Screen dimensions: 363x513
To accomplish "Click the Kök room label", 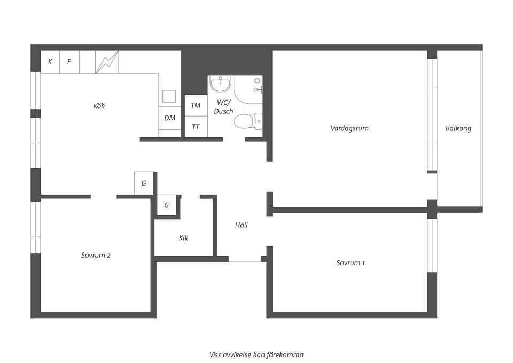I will click(x=99, y=106).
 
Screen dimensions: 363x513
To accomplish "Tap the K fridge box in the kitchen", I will click(x=50, y=62).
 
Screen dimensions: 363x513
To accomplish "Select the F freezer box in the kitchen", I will click(x=69, y=62).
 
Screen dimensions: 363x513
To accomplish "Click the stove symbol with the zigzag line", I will click(x=107, y=62).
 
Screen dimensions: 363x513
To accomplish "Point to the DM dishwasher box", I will click(x=170, y=118).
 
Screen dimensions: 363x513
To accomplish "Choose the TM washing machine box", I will click(x=196, y=106).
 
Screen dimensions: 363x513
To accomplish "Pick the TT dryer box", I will click(x=196, y=127).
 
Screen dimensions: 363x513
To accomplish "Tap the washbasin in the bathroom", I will click(x=220, y=83).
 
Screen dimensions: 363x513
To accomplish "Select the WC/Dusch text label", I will click(x=223, y=107).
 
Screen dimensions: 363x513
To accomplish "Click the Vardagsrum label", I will click(x=349, y=128).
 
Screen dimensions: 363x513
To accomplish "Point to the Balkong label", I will click(x=458, y=128).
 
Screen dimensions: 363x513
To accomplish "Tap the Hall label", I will click(x=242, y=225).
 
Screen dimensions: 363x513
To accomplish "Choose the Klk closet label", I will click(x=183, y=238).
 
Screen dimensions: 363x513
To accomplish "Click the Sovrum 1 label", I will click(x=351, y=263).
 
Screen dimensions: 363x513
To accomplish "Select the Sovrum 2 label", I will click(x=96, y=256).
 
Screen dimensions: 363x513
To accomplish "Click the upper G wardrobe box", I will click(x=144, y=183).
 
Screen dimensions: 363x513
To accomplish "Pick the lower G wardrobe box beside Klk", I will click(x=167, y=205).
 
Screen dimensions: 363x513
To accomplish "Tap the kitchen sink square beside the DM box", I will click(x=169, y=96).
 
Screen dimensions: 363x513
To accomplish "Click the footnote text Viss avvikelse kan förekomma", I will click(x=256, y=354).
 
